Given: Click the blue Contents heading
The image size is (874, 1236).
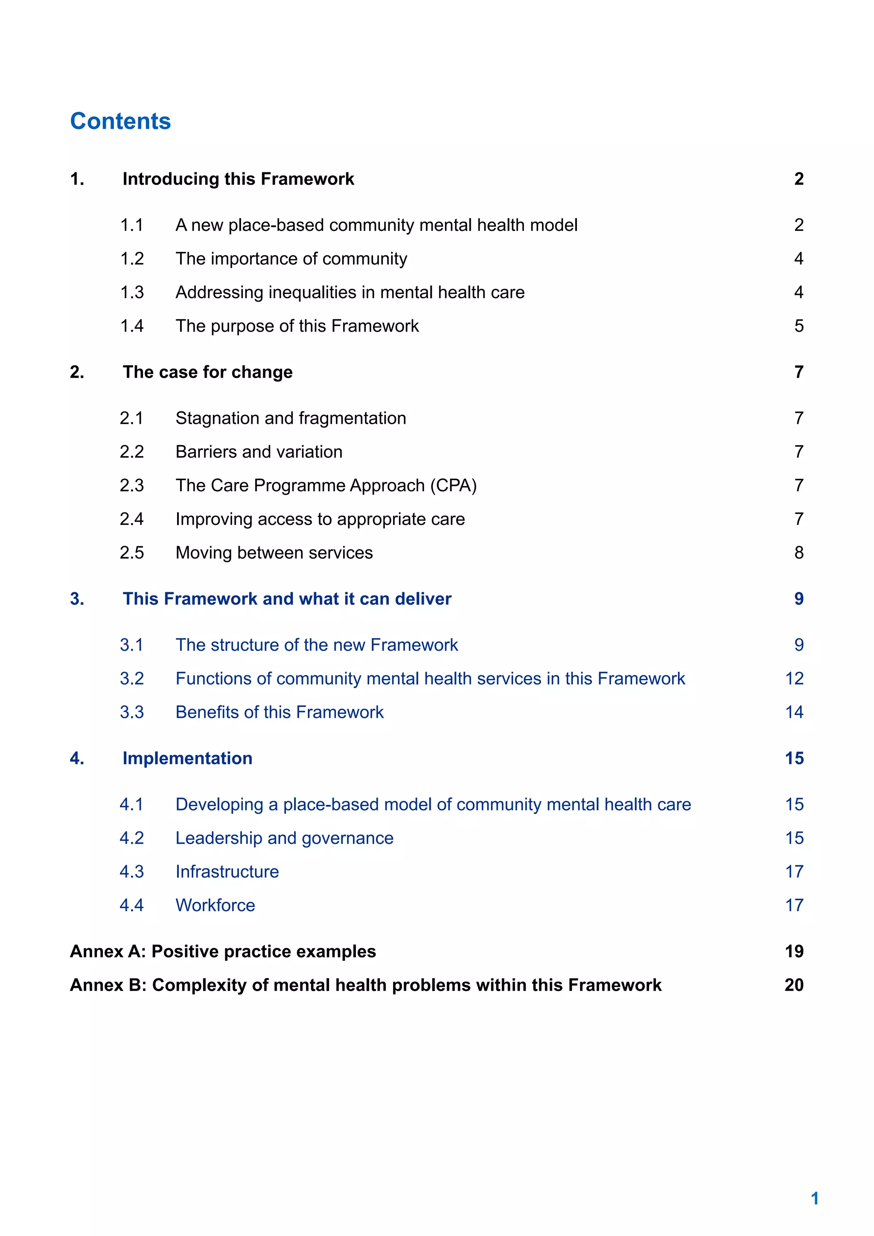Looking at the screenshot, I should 120,121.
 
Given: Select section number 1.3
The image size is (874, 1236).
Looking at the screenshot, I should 131,292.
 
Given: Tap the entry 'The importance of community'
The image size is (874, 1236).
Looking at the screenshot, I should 291,259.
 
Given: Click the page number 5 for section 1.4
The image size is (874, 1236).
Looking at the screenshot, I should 798,326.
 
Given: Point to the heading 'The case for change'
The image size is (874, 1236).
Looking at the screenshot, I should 207,372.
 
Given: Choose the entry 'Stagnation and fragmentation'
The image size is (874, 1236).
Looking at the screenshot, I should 291,418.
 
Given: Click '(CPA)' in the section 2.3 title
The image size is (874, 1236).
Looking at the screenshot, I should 453,486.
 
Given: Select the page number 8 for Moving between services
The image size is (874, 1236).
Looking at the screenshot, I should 798,553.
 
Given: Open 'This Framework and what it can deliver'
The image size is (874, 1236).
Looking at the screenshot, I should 287,599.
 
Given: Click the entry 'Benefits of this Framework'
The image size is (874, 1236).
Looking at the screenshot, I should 280,712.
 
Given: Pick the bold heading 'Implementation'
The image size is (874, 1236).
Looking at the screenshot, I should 187,758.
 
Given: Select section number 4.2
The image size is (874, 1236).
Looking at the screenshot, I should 131,838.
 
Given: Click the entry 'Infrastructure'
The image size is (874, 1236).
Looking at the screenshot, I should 227,872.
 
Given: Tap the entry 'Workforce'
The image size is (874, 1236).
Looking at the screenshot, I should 215,906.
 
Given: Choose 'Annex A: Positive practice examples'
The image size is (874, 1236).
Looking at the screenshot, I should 223,951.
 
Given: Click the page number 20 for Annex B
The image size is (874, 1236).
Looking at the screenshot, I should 794,985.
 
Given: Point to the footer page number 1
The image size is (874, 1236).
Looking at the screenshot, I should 814,1198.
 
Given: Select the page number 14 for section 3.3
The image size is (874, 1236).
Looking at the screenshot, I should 794,712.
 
